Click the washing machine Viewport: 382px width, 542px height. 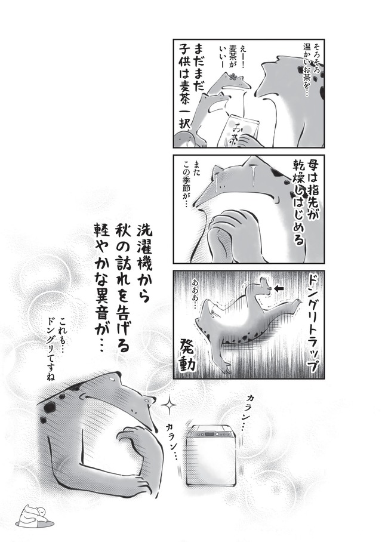tap(211, 456)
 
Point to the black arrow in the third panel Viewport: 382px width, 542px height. tap(279, 288)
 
